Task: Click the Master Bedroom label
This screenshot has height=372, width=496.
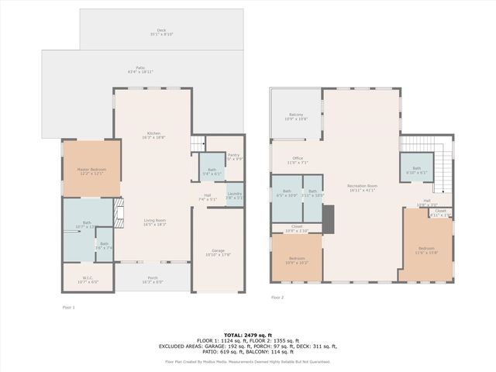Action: coord(91,170)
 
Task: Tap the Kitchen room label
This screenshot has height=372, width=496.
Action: coord(153,134)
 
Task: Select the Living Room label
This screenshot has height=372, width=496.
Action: coord(154,222)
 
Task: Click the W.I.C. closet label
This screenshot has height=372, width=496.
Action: coord(88,279)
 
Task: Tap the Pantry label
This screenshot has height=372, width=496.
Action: coord(233,156)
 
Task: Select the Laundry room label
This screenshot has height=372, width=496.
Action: coord(234,195)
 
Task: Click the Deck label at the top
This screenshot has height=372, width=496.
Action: coord(161,32)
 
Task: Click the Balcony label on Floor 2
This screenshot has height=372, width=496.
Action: coord(296,117)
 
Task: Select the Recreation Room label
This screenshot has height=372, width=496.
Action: coord(361,188)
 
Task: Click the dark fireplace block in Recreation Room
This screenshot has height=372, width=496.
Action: coord(328,217)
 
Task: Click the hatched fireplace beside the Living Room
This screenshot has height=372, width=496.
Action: coord(119,212)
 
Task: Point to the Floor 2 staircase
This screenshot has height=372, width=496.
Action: coord(438,170)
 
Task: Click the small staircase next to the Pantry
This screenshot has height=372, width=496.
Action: coord(198,143)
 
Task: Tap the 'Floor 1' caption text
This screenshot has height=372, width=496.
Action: coord(68,308)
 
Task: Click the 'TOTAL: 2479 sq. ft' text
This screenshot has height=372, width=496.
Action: coord(247,334)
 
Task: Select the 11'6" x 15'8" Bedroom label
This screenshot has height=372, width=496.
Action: coord(425,250)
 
